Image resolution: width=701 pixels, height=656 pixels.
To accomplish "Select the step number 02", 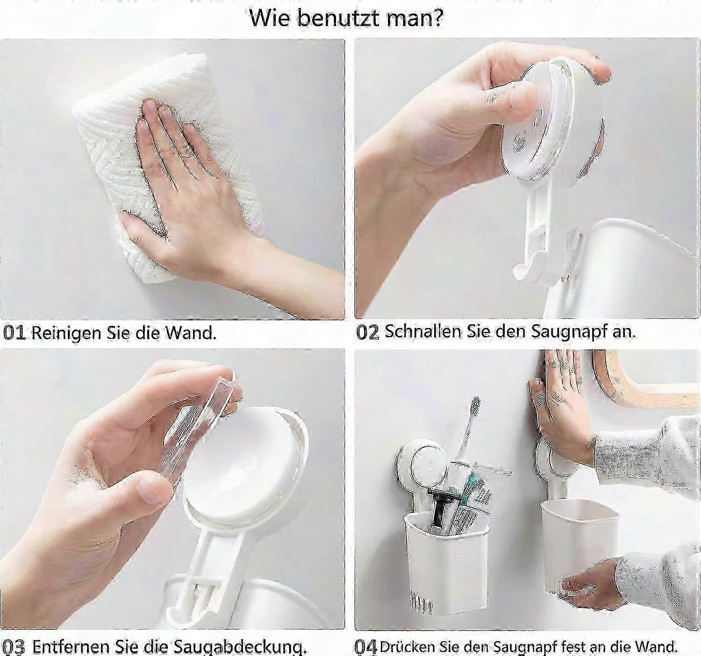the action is pos(367,332).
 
